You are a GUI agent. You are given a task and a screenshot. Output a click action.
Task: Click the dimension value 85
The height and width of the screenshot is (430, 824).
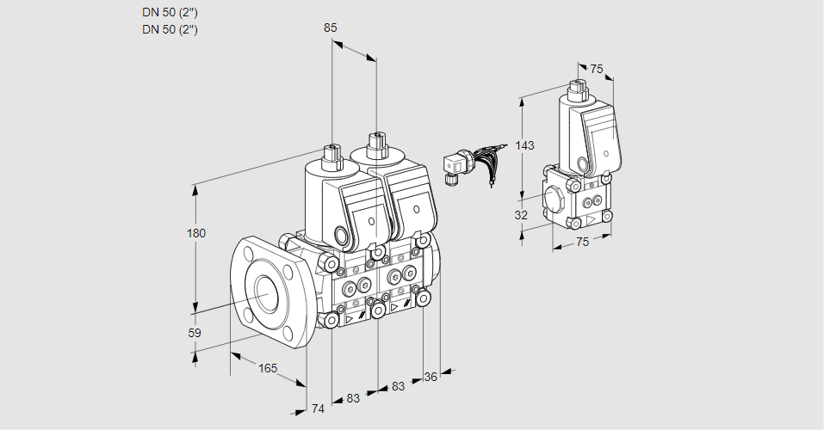coord(331,28)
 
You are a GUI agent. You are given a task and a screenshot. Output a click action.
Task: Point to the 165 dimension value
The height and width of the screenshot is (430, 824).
coord(268,368)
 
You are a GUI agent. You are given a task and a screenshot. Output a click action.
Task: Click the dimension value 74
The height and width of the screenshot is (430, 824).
coord(318,408)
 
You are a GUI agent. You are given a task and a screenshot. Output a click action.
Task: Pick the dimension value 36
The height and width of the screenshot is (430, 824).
coord(431,376)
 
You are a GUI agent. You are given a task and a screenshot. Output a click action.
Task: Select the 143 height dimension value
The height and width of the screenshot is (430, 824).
coord(525,145)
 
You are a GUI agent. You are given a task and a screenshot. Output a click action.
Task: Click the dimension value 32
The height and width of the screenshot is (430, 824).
coord(521,215)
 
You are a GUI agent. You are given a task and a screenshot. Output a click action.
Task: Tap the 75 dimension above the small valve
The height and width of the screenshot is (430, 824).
coord(597,69)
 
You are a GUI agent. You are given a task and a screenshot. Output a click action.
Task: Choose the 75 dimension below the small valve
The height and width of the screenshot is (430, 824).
coord(582,242)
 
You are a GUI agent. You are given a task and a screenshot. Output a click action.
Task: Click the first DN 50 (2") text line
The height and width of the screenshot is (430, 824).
coord(170,12)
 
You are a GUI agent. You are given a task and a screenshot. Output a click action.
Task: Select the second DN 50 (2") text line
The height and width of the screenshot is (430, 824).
coord(170,29)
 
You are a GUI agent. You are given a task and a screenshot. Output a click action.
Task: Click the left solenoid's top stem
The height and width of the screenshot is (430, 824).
coord(330,155)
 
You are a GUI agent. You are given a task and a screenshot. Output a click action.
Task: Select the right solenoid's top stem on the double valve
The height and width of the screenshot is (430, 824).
coord(375,143)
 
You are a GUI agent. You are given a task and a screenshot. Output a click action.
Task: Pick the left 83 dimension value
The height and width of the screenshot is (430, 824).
coord(353,398)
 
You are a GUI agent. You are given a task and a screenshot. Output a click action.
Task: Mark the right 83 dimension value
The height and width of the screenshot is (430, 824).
coord(398,386)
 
